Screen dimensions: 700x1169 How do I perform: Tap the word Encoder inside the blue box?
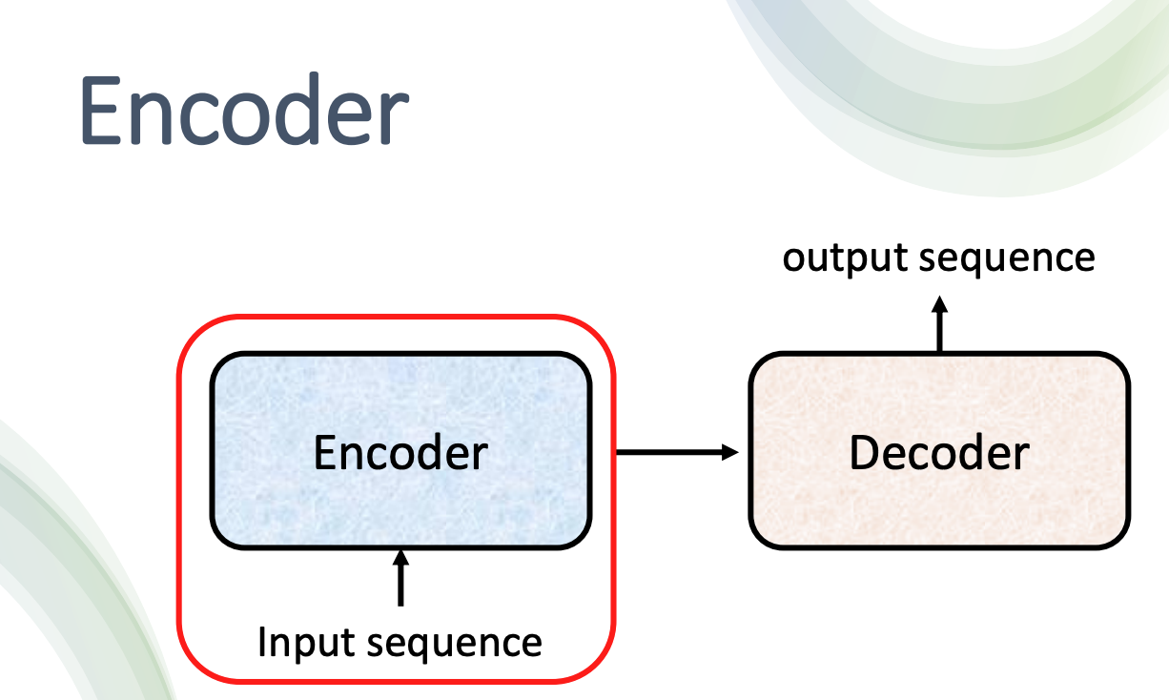(400, 453)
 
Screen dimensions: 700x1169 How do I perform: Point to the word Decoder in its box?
(939, 453)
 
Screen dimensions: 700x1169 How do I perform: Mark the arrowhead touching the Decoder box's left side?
(730, 452)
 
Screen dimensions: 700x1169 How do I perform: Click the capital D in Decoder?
(865, 453)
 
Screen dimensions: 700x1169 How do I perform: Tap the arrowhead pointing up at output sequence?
(939, 304)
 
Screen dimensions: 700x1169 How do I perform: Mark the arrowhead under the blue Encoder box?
(400, 557)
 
